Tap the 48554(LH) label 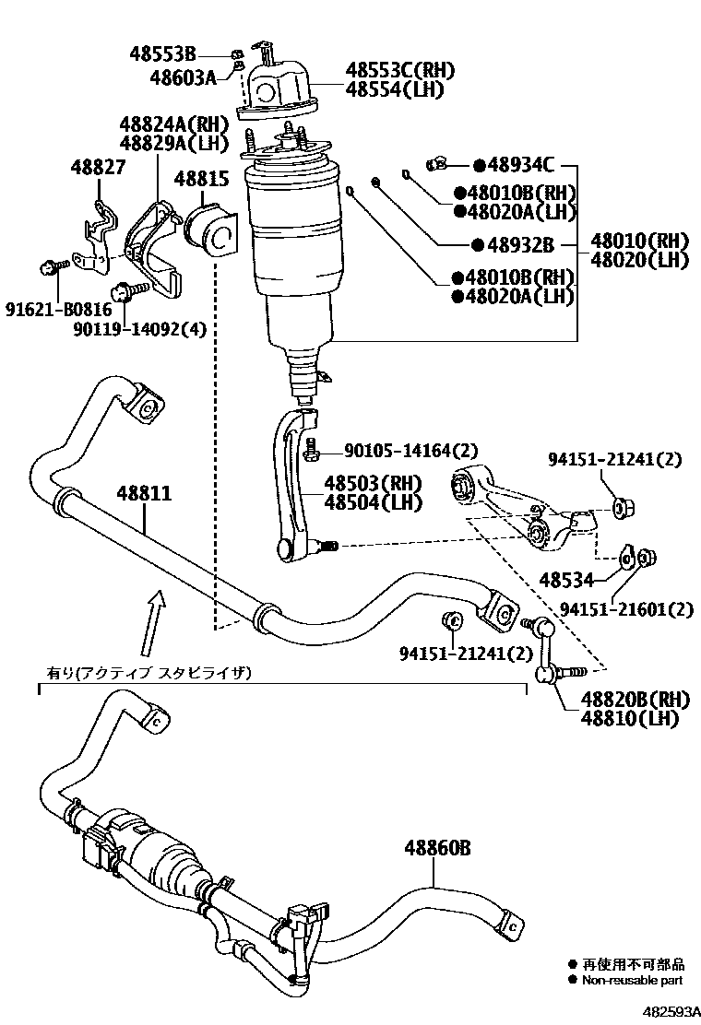point(395,90)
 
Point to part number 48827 point(100,166)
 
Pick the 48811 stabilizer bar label point(143,493)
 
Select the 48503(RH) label point(372,483)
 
